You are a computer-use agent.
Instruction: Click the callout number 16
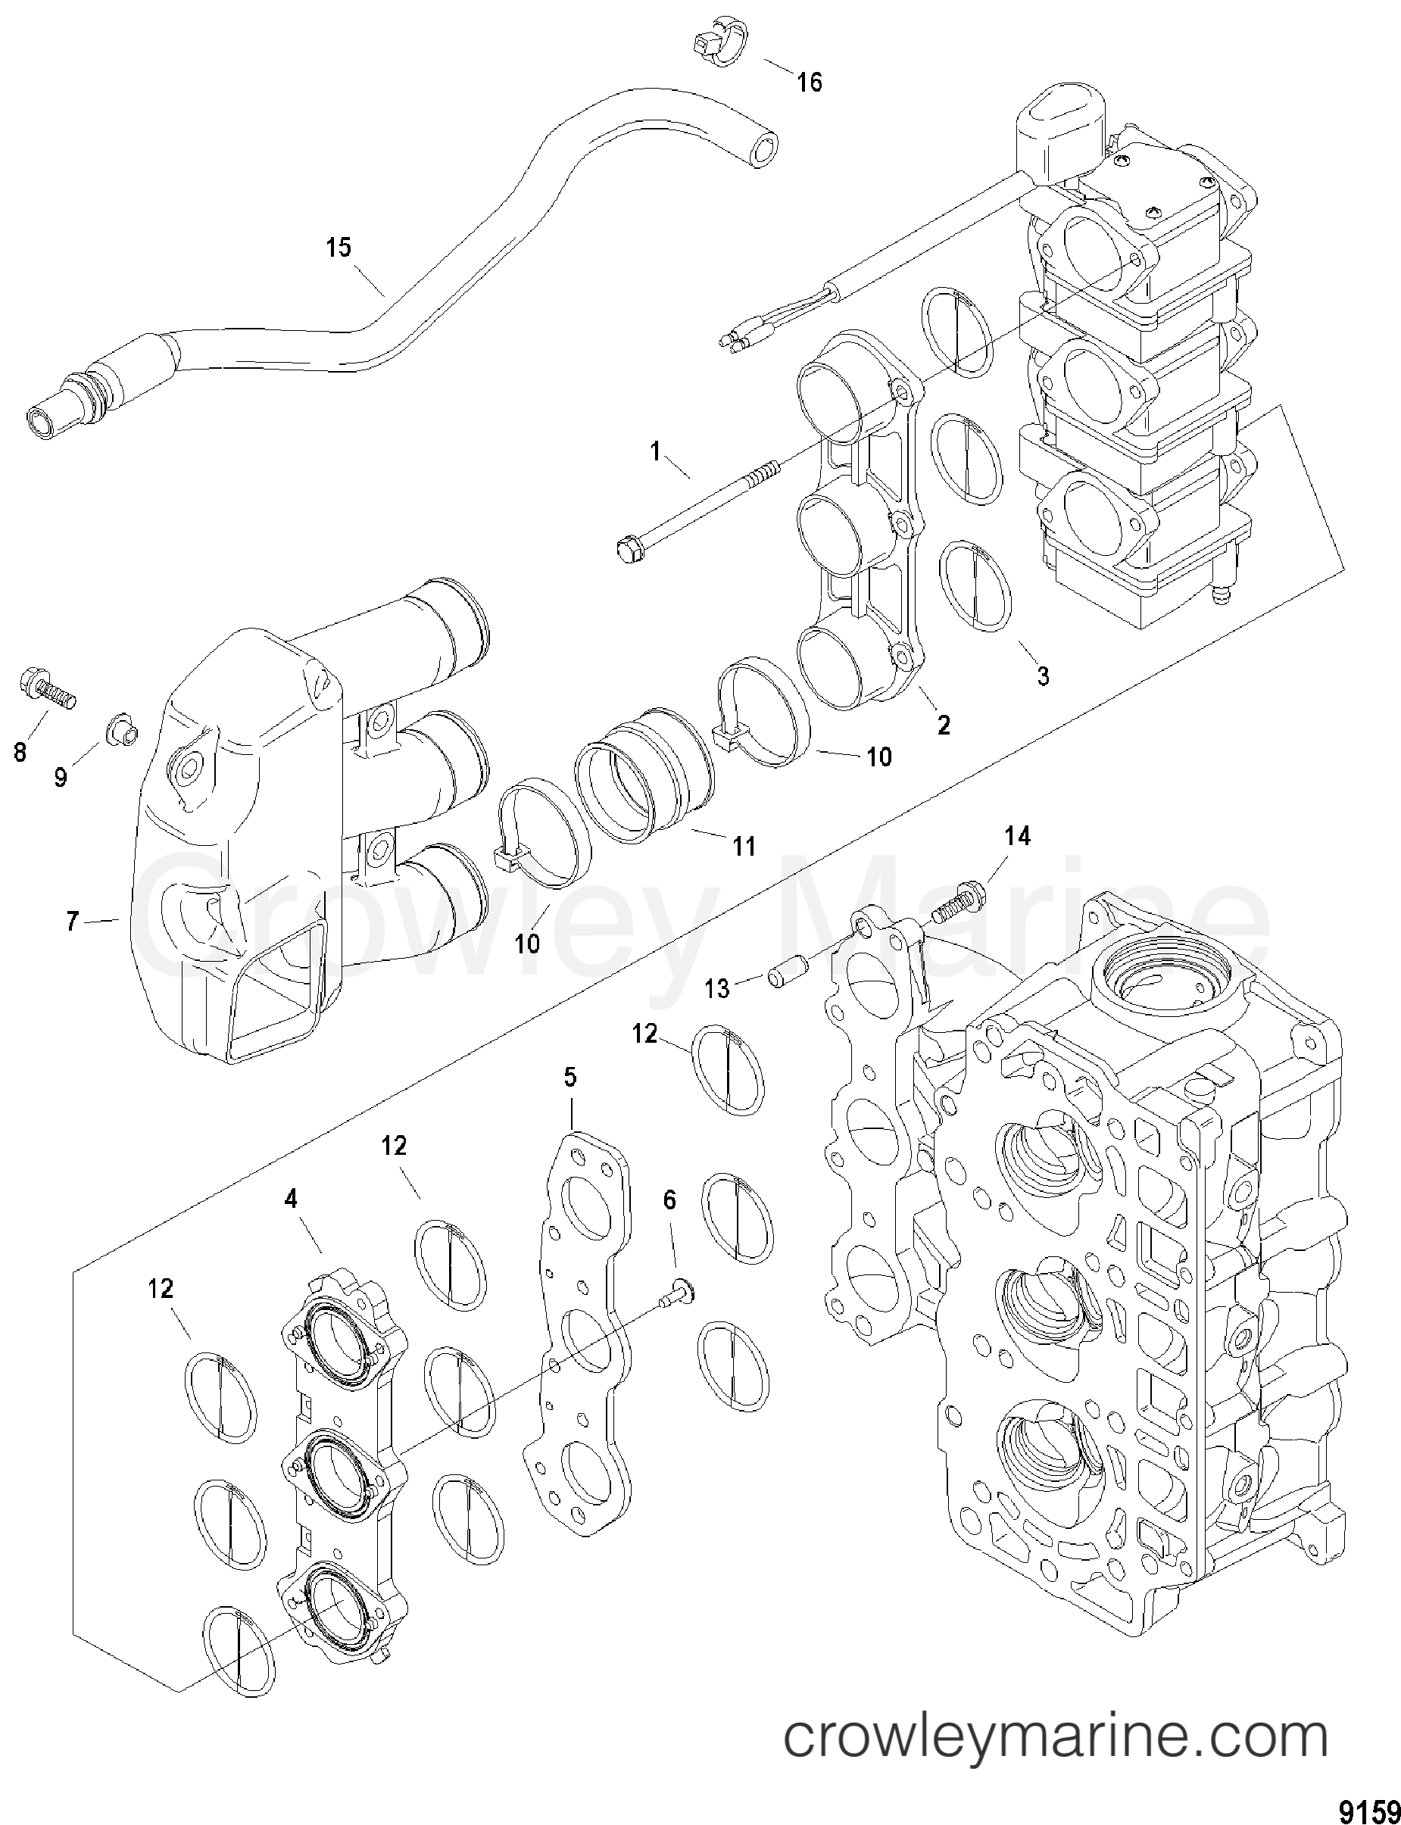810,83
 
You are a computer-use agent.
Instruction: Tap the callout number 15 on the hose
339,248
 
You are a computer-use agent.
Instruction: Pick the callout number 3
1044,675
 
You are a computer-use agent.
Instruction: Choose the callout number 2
943,725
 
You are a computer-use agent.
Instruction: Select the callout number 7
72,922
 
